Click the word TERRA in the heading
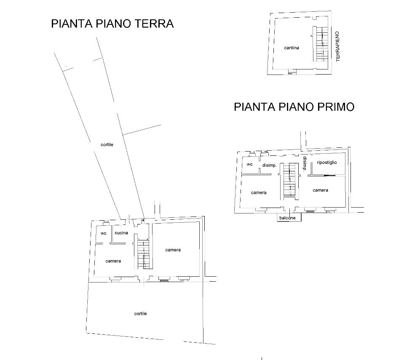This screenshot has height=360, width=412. [153, 24]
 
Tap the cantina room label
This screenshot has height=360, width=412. [292, 48]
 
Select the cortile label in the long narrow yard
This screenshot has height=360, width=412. [107, 144]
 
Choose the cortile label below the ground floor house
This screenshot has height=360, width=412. [140, 314]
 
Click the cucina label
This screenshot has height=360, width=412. [121, 233]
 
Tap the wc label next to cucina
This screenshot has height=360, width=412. [103, 233]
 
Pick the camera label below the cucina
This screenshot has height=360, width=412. [113, 261]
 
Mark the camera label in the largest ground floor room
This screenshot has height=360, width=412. [173, 250]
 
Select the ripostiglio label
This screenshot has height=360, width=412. [327, 162]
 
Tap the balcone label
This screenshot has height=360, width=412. [290, 218]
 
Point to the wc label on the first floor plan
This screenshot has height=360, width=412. [250, 164]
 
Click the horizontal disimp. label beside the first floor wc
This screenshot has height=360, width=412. [269, 165]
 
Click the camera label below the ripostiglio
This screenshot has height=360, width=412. [320, 190]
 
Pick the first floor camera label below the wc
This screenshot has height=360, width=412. [259, 193]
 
